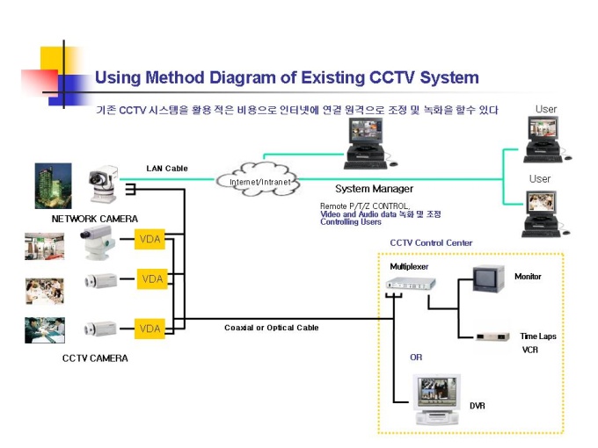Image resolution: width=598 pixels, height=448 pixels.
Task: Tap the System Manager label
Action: [374, 189]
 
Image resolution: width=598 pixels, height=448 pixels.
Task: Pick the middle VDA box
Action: [152, 279]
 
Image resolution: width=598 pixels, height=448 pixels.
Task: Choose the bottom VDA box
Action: [149, 329]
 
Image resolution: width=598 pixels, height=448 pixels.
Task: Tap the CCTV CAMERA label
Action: [95, 358]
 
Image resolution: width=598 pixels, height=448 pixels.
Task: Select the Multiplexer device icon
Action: [411, 283]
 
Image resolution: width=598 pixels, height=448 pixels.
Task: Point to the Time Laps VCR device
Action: [492, 336]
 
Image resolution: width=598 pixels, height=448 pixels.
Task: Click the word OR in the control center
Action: [416, 358]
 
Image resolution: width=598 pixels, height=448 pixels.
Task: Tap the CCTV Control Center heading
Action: [431, 242]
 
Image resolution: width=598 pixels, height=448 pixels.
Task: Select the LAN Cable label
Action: [167, 169]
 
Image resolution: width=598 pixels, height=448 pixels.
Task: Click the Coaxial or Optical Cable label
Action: [271, 328]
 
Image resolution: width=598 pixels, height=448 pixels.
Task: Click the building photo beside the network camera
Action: [54, 186]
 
